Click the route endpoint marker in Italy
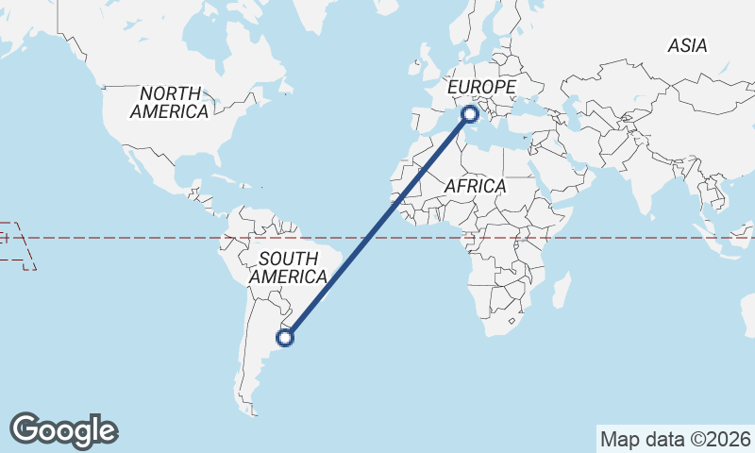click(470, 114)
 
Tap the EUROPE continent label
click(481, 87)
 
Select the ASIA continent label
click(687, 45)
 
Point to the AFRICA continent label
click(475, 186)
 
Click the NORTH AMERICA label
click(170, 103)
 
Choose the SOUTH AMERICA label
click(288, 268)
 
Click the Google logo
click(64, 429)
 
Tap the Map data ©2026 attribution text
click(676, 439)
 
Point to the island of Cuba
click(226, 177)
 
